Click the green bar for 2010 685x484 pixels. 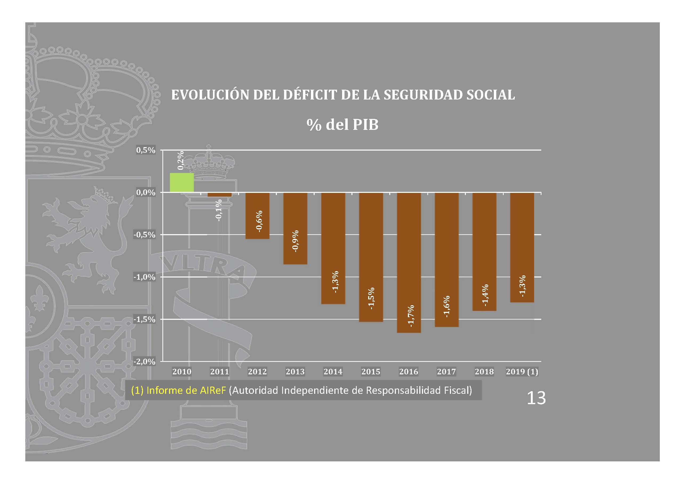[182, 182]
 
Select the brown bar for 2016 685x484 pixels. [409, 262]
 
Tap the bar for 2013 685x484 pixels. [295, 228]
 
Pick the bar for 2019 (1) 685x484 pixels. [522, 247]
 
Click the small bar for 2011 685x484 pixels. [220, 195]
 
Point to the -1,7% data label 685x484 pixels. [411, 316]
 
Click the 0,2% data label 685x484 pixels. [180, 160]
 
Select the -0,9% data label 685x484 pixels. [295, 241]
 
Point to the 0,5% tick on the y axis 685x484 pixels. [146, 150]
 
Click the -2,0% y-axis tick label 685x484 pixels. [144, 362]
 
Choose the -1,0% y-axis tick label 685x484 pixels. [144, 277]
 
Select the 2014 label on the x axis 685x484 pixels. [333, 371]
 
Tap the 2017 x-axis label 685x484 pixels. [446, 371]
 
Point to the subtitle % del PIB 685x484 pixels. [342, 125]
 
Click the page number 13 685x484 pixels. [536, 398]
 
